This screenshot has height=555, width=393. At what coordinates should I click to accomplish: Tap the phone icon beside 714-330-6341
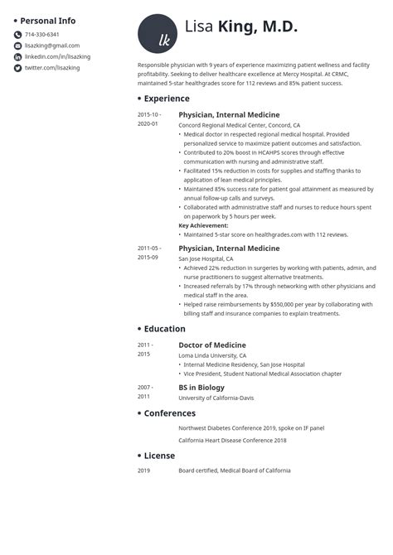(x=17, y=35)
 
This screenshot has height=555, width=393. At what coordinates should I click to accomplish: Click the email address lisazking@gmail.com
(x=52, y=46)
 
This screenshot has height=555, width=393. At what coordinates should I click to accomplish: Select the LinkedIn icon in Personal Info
(x=17, y=56)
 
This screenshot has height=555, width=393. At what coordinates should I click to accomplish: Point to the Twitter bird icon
(x=17, y=68)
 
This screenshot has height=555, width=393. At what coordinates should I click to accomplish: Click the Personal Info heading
(x=47, y=21)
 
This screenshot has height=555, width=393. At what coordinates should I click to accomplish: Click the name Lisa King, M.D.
(x=240, y=28)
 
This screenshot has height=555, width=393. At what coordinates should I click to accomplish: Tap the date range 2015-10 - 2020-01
(x=149, y=118)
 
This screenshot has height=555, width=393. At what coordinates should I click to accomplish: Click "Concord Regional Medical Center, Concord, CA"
(x=240, y=124)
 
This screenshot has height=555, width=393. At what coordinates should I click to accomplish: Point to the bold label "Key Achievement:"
(x=203, y=225)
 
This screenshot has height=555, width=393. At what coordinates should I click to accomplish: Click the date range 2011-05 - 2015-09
(x=149, y=252)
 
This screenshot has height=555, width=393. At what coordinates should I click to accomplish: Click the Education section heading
(x=164, y=329)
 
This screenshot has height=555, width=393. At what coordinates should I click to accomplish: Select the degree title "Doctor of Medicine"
(x=212, y=345)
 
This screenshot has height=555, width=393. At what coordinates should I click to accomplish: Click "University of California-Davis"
(x=216, y=398)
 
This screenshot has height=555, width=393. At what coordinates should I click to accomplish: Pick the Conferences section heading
(x=169, y=413)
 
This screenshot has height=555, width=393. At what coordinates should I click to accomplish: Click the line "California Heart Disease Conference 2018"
(x=232, y=440)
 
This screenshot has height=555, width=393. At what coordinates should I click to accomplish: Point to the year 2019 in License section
(x=144, y=471)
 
